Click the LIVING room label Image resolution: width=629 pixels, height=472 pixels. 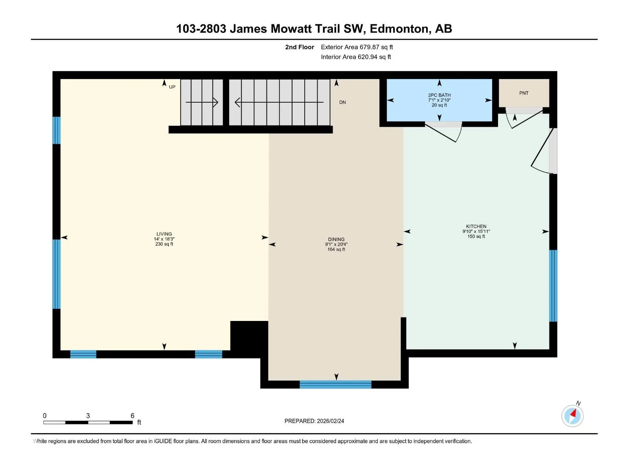pos(164,234)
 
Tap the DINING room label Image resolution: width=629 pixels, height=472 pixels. pos(336,239)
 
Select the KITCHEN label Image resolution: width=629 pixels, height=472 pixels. pos(476,227)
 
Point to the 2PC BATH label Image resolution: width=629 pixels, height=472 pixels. pos(439,95)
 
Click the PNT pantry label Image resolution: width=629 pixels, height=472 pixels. pos(524,93)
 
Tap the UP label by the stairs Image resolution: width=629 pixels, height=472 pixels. pos(172,87)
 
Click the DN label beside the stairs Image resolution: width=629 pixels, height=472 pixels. pos(342,102)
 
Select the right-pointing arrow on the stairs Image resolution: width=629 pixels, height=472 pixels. pos(202,102)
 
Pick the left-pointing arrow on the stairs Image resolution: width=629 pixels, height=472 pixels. pos(279,102)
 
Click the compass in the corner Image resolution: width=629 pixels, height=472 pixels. pos(572,416)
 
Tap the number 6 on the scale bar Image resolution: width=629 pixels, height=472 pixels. pos(132,415)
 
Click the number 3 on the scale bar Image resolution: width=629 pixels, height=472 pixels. pos(88,415)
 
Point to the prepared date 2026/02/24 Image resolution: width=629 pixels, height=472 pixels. pos(330,421)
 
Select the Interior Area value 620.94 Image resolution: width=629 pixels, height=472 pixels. pos(367,57)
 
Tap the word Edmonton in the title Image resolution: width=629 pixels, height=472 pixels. pos(400,29)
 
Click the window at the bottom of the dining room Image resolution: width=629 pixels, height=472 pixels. pos(335,384)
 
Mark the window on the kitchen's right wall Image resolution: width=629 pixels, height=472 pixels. pos(553,286)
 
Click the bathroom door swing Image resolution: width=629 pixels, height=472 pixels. pos(443,132)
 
